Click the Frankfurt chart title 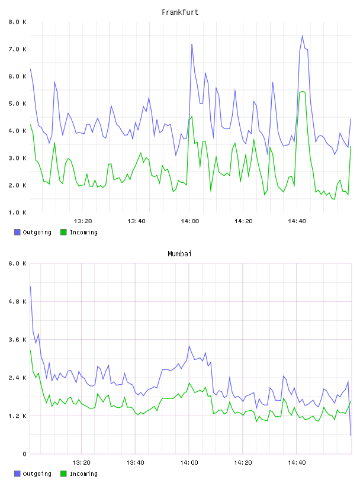click(x=180, y=12)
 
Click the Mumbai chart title click(x=179, y=254)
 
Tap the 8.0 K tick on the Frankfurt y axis click(x=17, y=22)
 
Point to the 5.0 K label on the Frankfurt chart click(x=17, y=104)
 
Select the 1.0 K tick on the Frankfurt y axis click(x=17, y=212)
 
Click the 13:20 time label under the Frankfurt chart click(x=83, y=221)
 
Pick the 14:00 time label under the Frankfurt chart click(x=190, y=221)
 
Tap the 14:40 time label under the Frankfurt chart click(x=297, y=221)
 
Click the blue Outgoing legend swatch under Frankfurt click(x=17, y=232)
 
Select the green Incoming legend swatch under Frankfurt click(x=63, y=232)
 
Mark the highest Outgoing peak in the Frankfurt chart click(x=303, y=36)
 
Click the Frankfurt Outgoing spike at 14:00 click(x=192, y=44)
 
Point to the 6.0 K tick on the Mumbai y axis click(x=17, y=263)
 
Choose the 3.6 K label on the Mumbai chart click(x=17, y=340)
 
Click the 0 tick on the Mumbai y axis click(x=24, y=454)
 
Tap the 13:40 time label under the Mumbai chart click(x=135, y=463)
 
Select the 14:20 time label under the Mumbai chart click(x=243, y=463)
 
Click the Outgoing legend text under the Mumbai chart click(x=37, y=474)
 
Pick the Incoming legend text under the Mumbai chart click(x=83, y=474)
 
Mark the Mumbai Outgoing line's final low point click(x=351, y=435)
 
